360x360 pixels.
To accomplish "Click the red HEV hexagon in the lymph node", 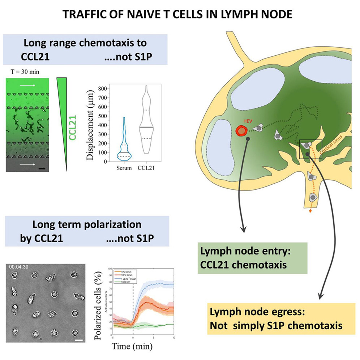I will point(242,131).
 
